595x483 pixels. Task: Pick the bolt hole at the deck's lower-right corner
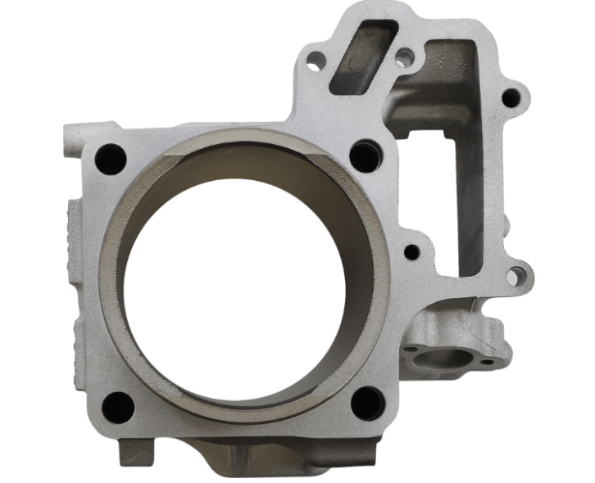(366, 403)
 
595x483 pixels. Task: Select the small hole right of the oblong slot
(404, 58)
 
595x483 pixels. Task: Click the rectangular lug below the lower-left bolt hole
(134, 451)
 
